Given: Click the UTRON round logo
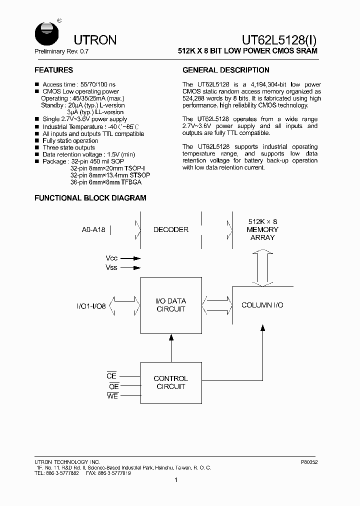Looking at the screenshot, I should coord(45,34).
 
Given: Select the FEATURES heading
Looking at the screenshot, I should coord(53,70).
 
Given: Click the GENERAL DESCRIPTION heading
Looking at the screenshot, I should coord(226,70).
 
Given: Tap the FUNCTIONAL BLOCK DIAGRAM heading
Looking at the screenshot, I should coord(90,198).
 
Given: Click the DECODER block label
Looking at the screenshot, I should coord(171,229).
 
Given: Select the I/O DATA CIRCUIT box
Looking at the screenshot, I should coord(171,304).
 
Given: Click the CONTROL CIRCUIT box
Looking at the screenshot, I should coord(171,382).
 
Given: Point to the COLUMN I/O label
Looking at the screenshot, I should coord(262,305).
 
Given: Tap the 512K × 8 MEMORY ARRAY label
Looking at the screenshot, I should coord(262,229).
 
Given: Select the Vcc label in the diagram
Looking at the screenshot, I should coord(112,258).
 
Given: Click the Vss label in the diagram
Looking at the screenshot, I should coord(112,268).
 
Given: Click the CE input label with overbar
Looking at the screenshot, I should coord(111,376).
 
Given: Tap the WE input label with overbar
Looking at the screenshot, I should coord(112,396).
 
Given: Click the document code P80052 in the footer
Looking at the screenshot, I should coord(309,462).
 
